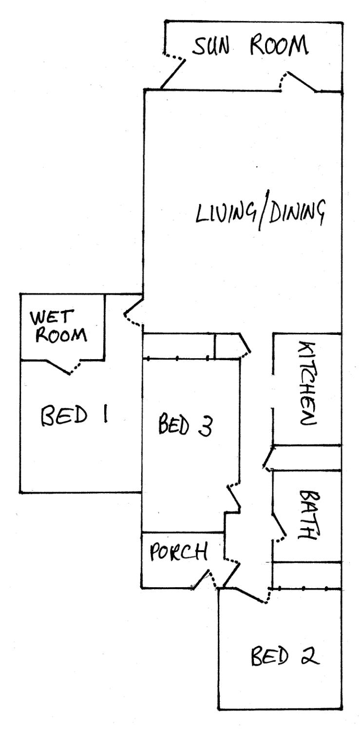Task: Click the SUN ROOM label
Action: tap(251, 48)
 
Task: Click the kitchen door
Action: tap(267, 459)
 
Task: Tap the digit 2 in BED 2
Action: tap(308, 657)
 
